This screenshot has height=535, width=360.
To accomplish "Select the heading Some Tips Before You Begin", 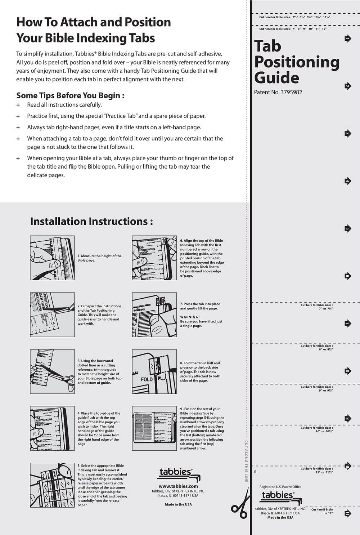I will [70, 95].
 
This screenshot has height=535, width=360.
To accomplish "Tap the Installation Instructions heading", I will [91, 221].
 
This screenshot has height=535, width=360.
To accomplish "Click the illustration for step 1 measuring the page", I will [52, 258].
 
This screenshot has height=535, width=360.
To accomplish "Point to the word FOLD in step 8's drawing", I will [147, 379].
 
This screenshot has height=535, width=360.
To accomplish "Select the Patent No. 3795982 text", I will [278, 92].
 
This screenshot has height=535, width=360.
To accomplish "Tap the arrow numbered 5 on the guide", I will [347, 228].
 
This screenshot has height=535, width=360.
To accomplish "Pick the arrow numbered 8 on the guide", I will [347, 371].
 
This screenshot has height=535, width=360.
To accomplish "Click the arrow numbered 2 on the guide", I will [347, 86].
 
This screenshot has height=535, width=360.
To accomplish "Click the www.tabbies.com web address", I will [178, 486].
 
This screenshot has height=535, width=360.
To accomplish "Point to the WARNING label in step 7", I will [190, 317].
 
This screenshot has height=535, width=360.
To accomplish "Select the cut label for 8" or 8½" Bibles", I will [316, 347].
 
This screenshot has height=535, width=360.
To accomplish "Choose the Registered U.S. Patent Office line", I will [280, 487].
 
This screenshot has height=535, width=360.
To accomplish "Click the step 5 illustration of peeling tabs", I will [52, 485].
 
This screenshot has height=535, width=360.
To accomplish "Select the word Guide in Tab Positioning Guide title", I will [276, 78].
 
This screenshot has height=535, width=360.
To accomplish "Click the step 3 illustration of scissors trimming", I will [52, 371].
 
